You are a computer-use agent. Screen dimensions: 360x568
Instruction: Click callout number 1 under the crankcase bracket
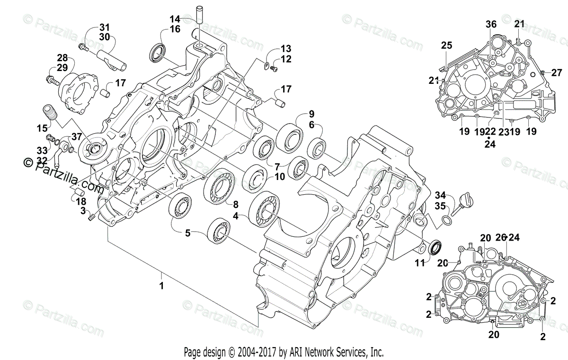[161, 286]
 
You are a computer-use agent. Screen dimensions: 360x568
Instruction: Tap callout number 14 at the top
[175, 19]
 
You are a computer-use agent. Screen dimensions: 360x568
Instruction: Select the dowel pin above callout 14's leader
[199, 13]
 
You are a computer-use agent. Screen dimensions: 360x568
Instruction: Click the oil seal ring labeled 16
[158, 53]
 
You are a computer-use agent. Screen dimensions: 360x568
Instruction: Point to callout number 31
[104, 27]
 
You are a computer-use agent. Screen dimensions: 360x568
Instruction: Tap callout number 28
[62, 58]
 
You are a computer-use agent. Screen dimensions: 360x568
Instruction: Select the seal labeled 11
[435, 248]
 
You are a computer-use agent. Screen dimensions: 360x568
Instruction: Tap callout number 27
[557, 72]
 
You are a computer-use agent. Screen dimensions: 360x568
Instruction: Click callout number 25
[447, 45]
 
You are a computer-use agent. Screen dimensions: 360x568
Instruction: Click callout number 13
[285, 49]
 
